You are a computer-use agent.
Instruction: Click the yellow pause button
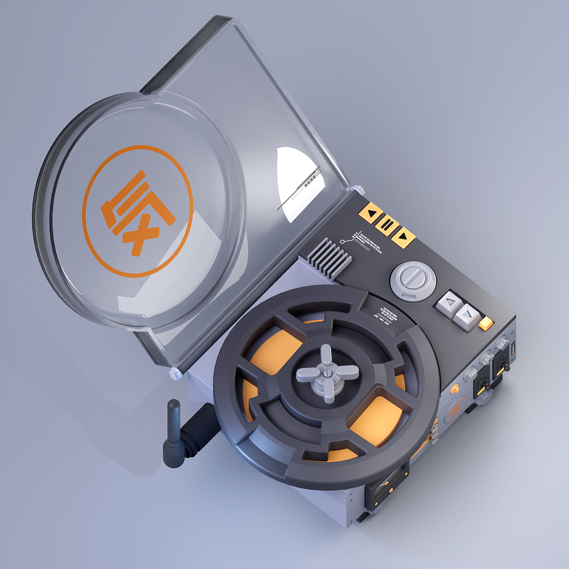(x=387, y=225)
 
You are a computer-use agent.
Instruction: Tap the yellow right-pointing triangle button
(x=403, y=237)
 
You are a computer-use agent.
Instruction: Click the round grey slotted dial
(x=413, y=280)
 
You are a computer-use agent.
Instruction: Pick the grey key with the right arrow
(x=466, y=315)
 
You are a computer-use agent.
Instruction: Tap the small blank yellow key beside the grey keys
(x=486, y=323)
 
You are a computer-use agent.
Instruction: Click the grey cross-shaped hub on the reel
(x=328, y=373)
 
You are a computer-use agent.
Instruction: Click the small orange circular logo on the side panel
(x=455, y=413)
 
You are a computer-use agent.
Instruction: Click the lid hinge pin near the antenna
(x=176, y=373)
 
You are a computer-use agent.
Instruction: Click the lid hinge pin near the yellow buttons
(x=355, y=188)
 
